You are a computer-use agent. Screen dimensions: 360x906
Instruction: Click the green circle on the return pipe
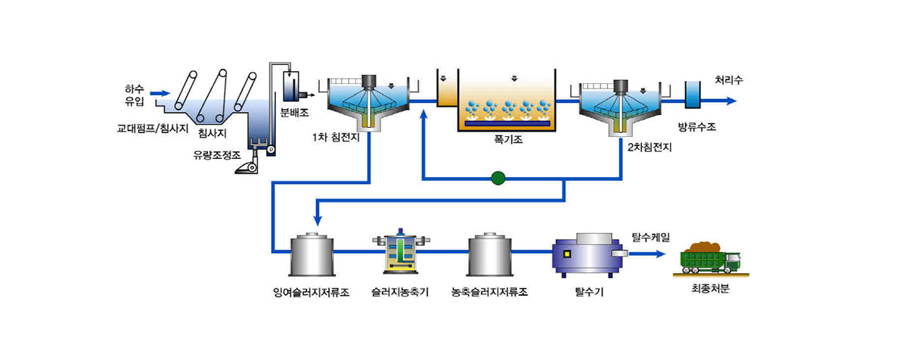tap(498, 179)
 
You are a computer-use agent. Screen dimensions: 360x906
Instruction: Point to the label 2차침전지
tap(649, 147)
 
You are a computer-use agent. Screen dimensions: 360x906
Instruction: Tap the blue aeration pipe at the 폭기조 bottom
tap(507, 123)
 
